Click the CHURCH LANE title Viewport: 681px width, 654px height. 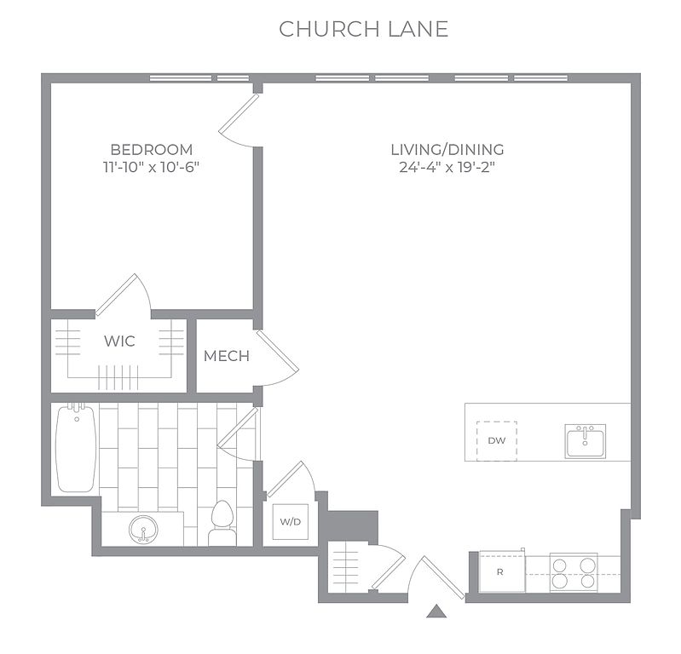(x=364, y=29)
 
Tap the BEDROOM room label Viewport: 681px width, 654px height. (x=152, y=150)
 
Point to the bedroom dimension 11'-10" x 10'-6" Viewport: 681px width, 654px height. (x=151, y=167)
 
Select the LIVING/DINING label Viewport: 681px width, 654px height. (x=447, y=150)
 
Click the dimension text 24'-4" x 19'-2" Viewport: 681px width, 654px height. (x=447, y=167)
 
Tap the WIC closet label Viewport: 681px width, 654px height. (x=119, y=341)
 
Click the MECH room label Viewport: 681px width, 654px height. (x=227, y=356)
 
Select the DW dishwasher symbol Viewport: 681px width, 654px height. (x=497, y=441)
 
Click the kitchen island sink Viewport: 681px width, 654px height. (x=585, y=441)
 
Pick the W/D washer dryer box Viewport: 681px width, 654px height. (x=290, y=522)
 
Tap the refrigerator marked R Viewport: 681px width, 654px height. (x=502, y=571)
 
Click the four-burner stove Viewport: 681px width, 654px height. (x=574, y=572)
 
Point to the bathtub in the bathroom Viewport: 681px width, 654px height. (x=76, y=448)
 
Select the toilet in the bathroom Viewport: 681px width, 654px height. (x=222, y=523)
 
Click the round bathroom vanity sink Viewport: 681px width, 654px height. (x=144, y=530)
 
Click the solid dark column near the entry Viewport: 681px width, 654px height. (x=352, y=526)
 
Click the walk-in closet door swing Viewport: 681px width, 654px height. (x=124, y=295)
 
